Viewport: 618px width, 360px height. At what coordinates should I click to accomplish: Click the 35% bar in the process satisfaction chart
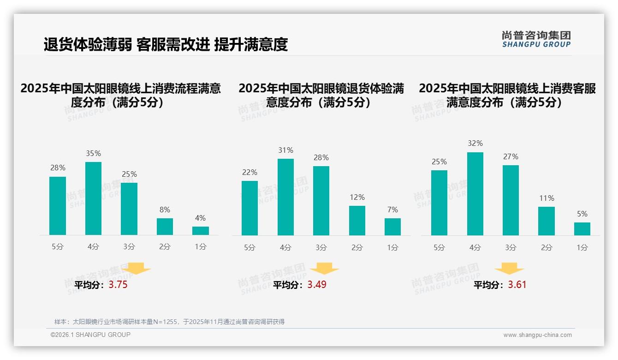tap(93, 198)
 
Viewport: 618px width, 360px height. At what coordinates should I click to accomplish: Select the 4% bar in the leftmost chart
tap(200, 231)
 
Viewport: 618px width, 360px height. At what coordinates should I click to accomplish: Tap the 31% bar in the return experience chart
tap(285, 197)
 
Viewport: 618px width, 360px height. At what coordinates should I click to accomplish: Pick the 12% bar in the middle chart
tap(357, 221)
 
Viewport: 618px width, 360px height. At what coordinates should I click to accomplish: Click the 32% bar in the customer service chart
tap(475, 194)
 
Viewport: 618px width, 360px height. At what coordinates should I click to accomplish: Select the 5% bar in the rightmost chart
tap(582, 229)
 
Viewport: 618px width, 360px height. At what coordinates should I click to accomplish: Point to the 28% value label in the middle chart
tap(321, 158)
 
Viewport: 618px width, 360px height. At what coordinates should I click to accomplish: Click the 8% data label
tap(165, 210)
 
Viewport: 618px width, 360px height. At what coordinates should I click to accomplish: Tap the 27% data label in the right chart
tap(511, 157)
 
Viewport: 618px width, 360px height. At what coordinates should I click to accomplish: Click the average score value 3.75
tap(118, 285)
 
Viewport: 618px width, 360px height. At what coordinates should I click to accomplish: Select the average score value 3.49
tap(317, 285)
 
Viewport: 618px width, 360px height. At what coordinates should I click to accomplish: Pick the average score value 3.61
tap(517, 285)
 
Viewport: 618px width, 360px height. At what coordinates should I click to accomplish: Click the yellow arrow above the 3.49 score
tap(325, 269)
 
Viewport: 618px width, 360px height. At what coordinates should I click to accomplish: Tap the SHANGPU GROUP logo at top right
tap(536, 39)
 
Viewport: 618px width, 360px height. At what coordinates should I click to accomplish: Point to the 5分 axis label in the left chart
tap(58, 247)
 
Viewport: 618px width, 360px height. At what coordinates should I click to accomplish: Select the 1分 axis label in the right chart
tap(582, 248)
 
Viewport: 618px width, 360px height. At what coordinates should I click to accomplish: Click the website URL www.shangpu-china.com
tap(537, 335)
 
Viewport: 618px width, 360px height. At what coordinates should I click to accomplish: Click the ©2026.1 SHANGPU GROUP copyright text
tap(90, 335)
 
